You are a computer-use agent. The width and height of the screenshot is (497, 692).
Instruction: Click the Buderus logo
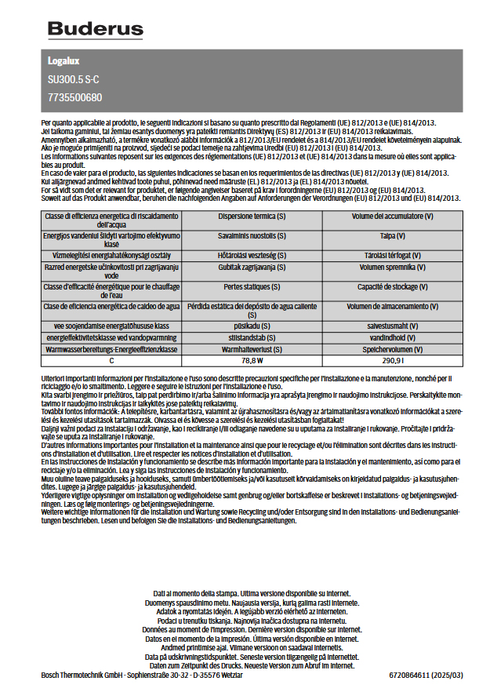click(96, 30)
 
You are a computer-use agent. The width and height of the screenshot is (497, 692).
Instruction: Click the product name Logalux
click(64, 61)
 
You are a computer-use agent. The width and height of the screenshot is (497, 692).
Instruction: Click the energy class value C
click(111, 361)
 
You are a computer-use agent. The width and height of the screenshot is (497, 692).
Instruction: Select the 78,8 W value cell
click(252, 361)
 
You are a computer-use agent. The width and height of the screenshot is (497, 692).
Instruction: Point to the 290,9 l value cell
click(392, 361)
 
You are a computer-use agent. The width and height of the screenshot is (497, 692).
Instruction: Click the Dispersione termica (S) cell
click(252, 216)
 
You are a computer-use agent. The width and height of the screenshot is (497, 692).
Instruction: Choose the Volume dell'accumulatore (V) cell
click(392, 216)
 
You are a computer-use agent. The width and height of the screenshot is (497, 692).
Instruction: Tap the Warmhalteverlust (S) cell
click(252, 348)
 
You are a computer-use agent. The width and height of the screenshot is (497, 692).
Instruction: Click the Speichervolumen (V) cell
click(392, 348)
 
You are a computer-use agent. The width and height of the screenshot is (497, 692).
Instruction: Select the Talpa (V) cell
click(392, 235)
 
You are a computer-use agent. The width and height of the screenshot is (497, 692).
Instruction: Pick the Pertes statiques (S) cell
click(252, 287)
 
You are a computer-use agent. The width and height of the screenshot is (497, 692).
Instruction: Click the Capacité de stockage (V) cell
click(392, 287)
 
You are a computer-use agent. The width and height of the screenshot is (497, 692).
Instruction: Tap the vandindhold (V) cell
click(392, 337)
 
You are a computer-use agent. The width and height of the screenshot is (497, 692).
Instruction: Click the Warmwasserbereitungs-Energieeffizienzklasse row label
click(111, 348)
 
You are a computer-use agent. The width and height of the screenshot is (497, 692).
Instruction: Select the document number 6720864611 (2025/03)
click(426, 675)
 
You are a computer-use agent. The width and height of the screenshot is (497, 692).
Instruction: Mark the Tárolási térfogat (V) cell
click(392, 255)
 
